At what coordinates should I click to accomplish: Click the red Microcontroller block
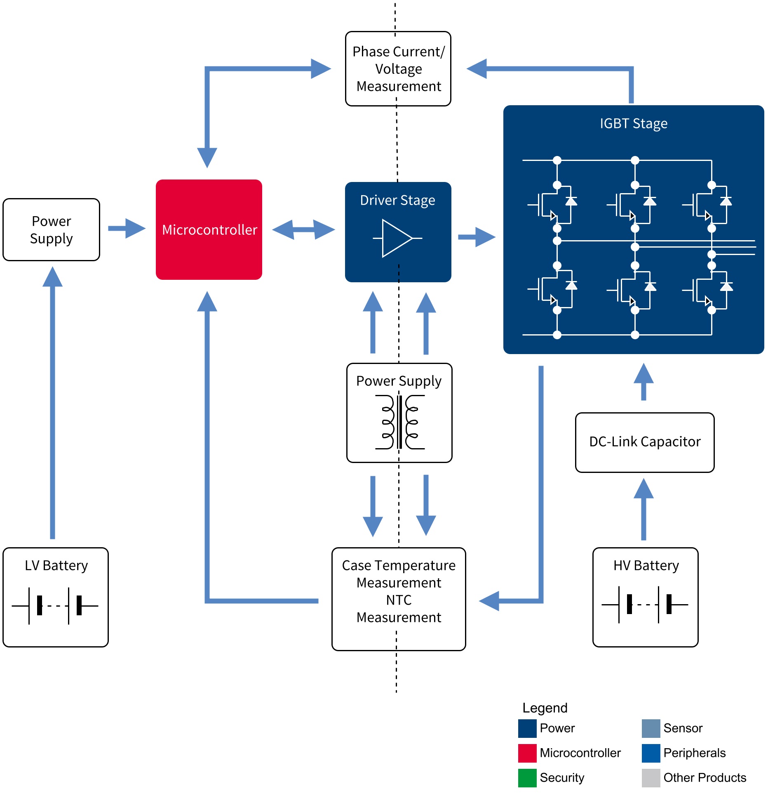209,229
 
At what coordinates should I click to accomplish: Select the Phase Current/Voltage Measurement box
398,69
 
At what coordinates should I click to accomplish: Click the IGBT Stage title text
633,123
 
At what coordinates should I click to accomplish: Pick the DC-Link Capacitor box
645,442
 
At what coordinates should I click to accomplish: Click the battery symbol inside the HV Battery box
645,605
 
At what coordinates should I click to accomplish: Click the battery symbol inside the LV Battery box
55,605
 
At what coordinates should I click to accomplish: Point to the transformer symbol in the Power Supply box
399,422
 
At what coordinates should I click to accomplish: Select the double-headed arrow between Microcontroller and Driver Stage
303,229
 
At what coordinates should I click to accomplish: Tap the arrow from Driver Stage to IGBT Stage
477,237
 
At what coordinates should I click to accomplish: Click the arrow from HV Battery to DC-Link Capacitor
644,509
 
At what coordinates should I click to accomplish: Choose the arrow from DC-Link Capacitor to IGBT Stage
644,382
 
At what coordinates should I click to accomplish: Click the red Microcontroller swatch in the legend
527,753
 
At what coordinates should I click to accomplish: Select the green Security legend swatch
527,778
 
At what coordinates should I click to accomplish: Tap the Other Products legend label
705,778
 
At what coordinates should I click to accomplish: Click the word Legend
545,708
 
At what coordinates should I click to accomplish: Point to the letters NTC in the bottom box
399,600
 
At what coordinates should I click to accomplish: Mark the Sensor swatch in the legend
651,728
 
